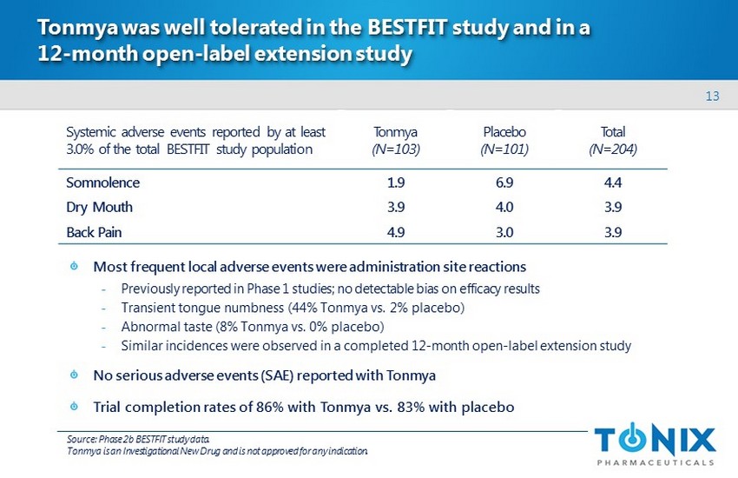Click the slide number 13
pyautogui.click(x=713, y=96)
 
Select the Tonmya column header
pyautogui.click(x=395, y=132)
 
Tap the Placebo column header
pyautogui.click(x=504, y=132)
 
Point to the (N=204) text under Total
pyautogui.click(x=613, y=149)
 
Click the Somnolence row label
pyautogui.click(x=102, y=183)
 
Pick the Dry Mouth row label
pyautogui.click(x=100, y=208)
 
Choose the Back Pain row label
pyautogui.click(x=96, y=232)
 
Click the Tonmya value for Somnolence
pyautogui.click(x=395, y=183)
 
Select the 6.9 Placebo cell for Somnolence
pyautogui.click(x=504, y=183)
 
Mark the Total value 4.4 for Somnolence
pyautogui.click(x=613, y=183)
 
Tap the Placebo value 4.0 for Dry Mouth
pyautogui.click(x=504, y=208)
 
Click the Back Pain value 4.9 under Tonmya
pyautogui.click(x=395, y=232)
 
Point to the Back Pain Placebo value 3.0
pyautogui.click(x=504, y=232)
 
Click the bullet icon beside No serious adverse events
pyautogui.click(x=74, y=375)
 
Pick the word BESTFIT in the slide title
pyautogui.click(x=412, y=29)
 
